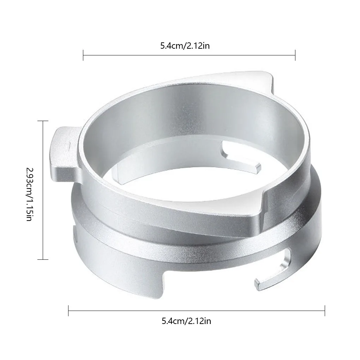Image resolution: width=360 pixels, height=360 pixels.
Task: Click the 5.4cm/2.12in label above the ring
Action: (185, 46)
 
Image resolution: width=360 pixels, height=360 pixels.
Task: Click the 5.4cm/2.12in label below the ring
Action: (186, 321)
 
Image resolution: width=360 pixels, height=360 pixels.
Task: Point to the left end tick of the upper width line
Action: (83, 55)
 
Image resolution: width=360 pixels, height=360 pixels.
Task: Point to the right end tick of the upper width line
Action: (295, 55)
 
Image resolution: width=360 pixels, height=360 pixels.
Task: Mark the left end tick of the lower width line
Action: (68, 311)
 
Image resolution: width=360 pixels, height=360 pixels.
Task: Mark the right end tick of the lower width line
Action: (324, 311)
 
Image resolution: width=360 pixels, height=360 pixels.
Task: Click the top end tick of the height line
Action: (43, 121)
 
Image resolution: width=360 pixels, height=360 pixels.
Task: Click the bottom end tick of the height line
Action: (43, 260)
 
